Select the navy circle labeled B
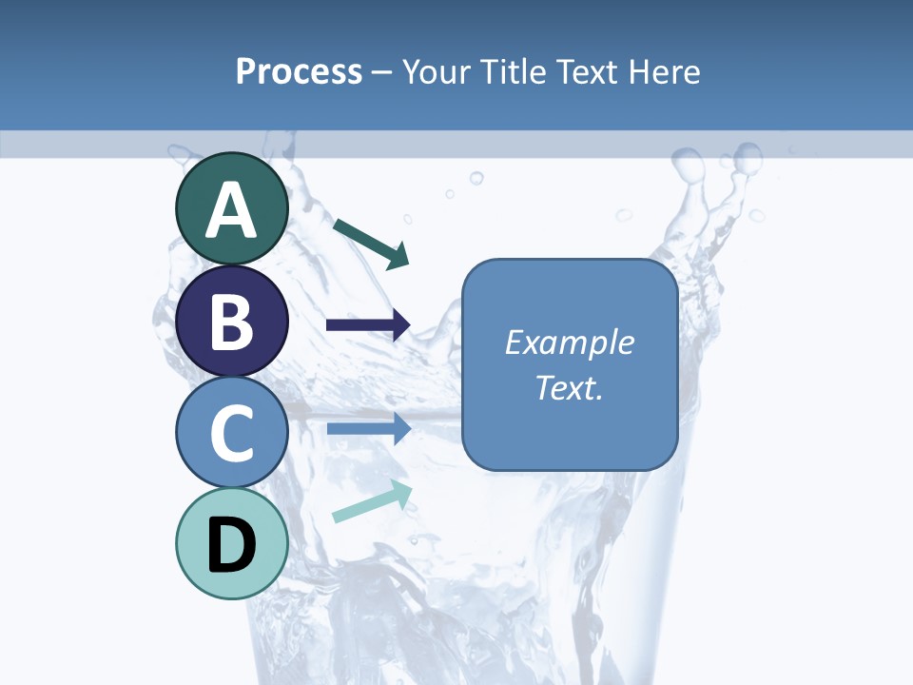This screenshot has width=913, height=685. (232, 322)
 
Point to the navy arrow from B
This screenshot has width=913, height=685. (368, 324)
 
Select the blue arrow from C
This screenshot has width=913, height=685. (369, 428)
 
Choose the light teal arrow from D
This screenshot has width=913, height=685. (372, 501)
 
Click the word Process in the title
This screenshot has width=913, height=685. (299, 71)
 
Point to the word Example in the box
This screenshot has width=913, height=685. (569, 342)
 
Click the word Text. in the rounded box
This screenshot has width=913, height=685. (569, 387)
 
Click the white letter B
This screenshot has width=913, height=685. (232, 322)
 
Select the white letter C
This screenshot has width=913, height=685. (232, 433)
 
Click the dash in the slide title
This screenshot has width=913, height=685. (382, 72)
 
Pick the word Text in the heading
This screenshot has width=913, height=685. (583, 71)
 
